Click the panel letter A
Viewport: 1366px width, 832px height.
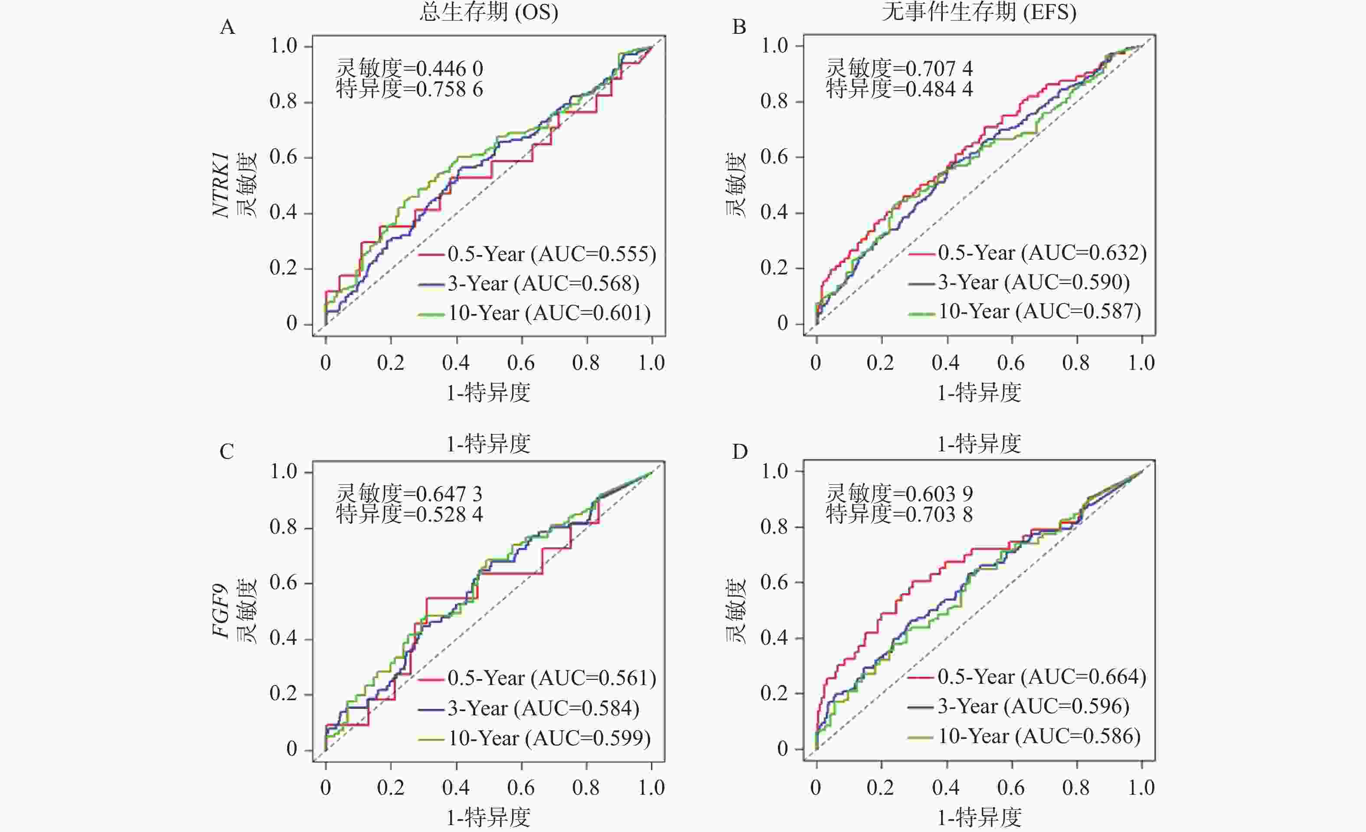(227, 26)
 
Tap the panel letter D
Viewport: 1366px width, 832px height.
(739, 452)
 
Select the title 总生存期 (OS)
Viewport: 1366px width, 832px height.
(488, 12)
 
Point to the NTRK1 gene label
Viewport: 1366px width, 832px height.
(221, 185)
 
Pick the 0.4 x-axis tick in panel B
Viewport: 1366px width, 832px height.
(946, 363)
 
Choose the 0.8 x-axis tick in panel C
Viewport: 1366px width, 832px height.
(586, 788)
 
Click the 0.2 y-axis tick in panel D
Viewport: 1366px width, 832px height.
(775, 693)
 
